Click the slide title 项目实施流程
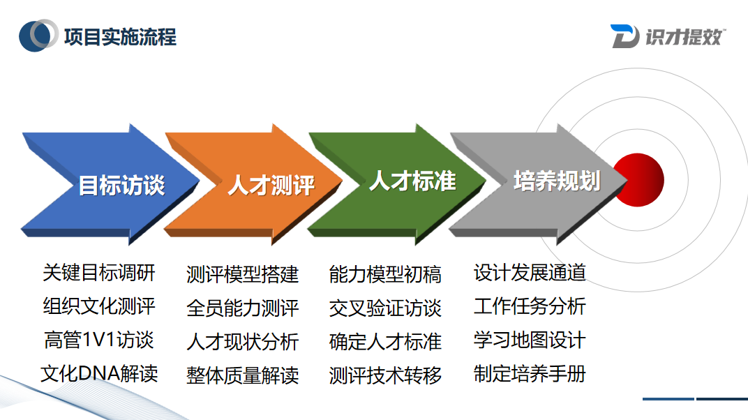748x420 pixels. pos(120,36)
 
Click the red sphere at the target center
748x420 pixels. pos(638,180)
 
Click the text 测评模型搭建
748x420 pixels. pos(242,274)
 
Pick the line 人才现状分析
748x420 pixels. pos(242,341)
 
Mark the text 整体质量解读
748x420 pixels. pos(242,375)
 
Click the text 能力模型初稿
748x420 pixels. pos(385,274)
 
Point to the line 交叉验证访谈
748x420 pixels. pos(385,308)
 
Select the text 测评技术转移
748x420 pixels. pos(385,375)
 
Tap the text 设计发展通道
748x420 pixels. pos(530,272)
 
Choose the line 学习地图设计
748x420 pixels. pos(530,340)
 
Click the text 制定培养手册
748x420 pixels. pos(530,373)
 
